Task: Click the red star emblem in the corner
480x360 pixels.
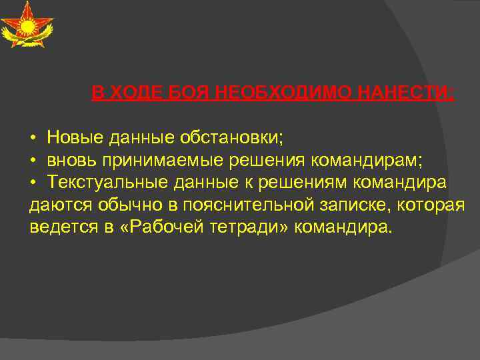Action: coord(27,25)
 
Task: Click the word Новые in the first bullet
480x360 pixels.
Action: coord(74,137)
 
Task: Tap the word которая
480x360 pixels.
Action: coord(431,205)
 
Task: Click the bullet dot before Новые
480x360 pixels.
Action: coord(33,138)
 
